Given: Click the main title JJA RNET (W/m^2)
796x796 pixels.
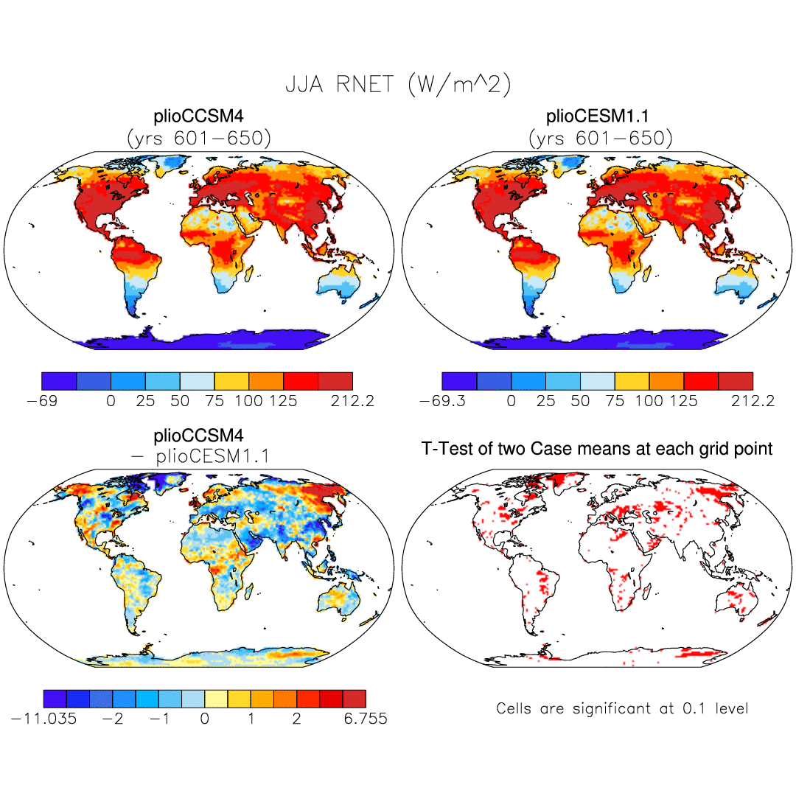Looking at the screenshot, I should (398, 85).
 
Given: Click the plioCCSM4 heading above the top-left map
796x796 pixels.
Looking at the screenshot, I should (198, 117).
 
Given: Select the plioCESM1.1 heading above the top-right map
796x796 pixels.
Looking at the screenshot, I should (598, 117).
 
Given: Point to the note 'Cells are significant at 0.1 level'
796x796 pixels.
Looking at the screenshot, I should (622, 709).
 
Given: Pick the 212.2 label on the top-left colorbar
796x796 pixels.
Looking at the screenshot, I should (352, 401).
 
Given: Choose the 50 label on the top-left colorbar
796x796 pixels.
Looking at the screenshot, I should (180, 401).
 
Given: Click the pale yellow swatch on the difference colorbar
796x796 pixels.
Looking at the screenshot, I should (216, 698).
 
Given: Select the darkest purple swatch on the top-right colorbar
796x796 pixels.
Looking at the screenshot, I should (459, 380).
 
